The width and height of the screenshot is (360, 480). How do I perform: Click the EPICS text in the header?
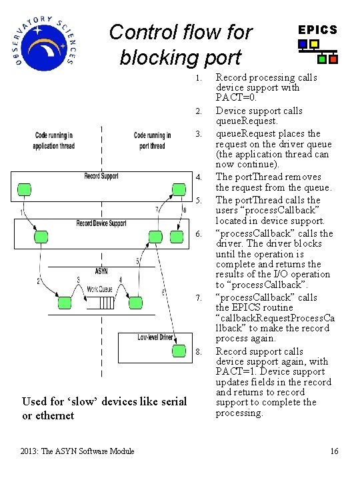pos(317,30)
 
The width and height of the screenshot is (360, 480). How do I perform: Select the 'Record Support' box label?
pos(101,176)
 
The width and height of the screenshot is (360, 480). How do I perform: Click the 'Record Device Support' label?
pos(101,223)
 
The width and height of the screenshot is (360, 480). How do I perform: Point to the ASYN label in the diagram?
pos(101,271)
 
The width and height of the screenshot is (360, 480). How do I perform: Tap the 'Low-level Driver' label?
pos(155,337)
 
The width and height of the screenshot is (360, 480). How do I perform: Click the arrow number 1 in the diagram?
pos(21,213)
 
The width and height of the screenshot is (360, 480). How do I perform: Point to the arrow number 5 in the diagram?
pos(137,261)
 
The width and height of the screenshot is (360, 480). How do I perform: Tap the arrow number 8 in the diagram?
pos(185,211)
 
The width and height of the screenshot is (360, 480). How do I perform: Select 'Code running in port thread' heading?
pos(152,141)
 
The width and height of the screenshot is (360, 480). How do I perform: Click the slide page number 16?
pos(334,451)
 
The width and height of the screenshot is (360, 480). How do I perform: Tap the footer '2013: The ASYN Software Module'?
pos(78,451)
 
